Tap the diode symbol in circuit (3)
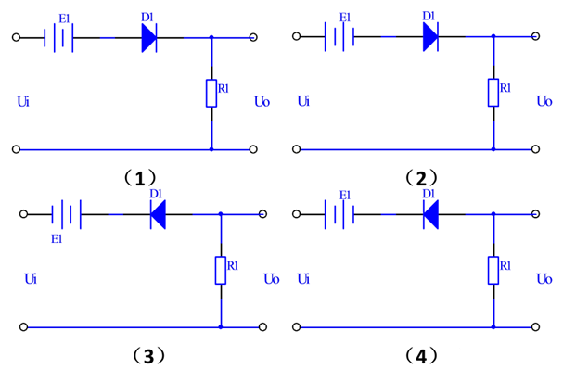(158, 215)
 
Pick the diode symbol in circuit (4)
(430, 215)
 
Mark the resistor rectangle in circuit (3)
(221, 270)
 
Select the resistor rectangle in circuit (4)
(493, 270)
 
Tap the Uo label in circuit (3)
(271, 277)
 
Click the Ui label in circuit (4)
(305, 277)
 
